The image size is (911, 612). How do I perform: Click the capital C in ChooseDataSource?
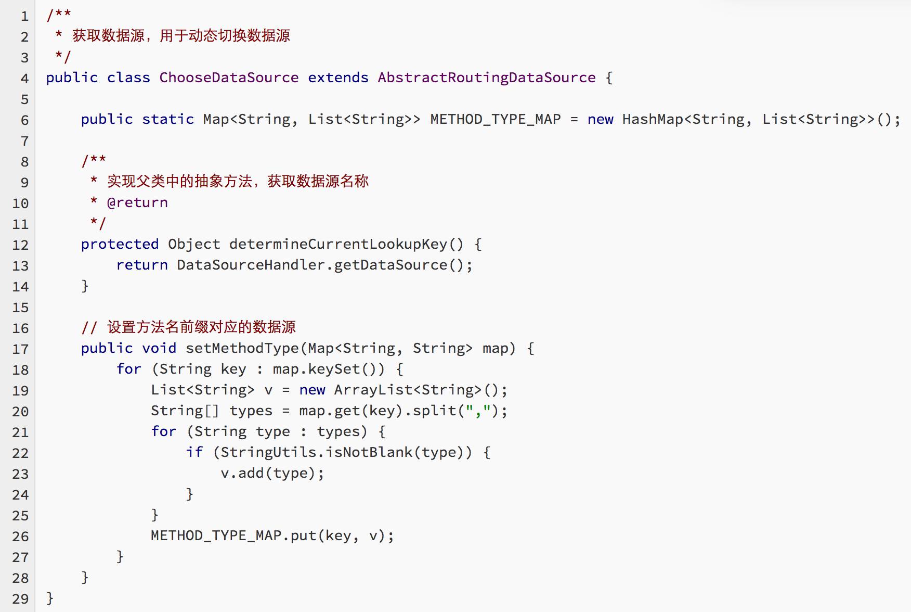coord(163,78)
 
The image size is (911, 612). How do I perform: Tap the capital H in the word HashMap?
coord(627,119)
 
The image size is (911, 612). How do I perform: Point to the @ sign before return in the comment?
coord(111,202)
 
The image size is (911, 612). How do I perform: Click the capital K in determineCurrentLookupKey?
coord(434,244)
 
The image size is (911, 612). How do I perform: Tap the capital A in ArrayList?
coord(338,390)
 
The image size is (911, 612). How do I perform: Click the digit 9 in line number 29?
coord(24,599)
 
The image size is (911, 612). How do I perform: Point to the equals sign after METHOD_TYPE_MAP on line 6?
coord(574,120)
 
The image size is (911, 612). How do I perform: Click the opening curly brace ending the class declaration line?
coord(609,78)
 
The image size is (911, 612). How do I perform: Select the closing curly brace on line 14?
coord(85,286)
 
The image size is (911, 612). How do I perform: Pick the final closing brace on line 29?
coord(50,598)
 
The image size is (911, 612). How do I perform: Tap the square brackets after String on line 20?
coord(212,411)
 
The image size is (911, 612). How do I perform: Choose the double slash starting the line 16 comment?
coord(89,327)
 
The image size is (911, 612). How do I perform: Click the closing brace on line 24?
coord(190,494)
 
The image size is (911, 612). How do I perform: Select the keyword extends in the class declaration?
coord(338,78)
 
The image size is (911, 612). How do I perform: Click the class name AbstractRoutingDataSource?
coord(487,78)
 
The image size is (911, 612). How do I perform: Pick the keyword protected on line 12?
coord(120,245)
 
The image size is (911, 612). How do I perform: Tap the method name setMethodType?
coord(242,349)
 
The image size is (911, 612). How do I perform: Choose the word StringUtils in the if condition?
coord(268,452)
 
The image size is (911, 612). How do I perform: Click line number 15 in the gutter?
coord(20,308)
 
